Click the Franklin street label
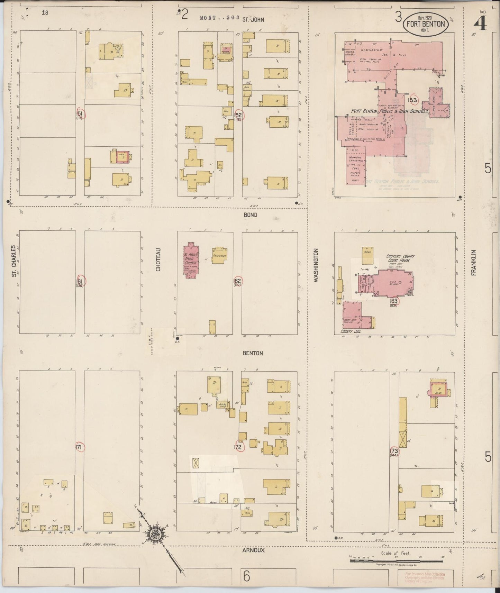pos(474,263)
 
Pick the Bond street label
pos(250,215)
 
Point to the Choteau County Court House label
pos(401,258)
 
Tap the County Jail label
pos(351,331)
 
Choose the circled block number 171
pos(79,447)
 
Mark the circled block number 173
pos(394,451)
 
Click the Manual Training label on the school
pos(356,158)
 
